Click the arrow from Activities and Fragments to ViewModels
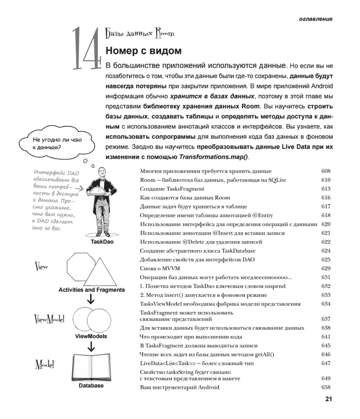91,299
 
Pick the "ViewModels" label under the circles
91,336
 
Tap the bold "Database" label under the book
91,385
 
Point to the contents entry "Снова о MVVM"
159,268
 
